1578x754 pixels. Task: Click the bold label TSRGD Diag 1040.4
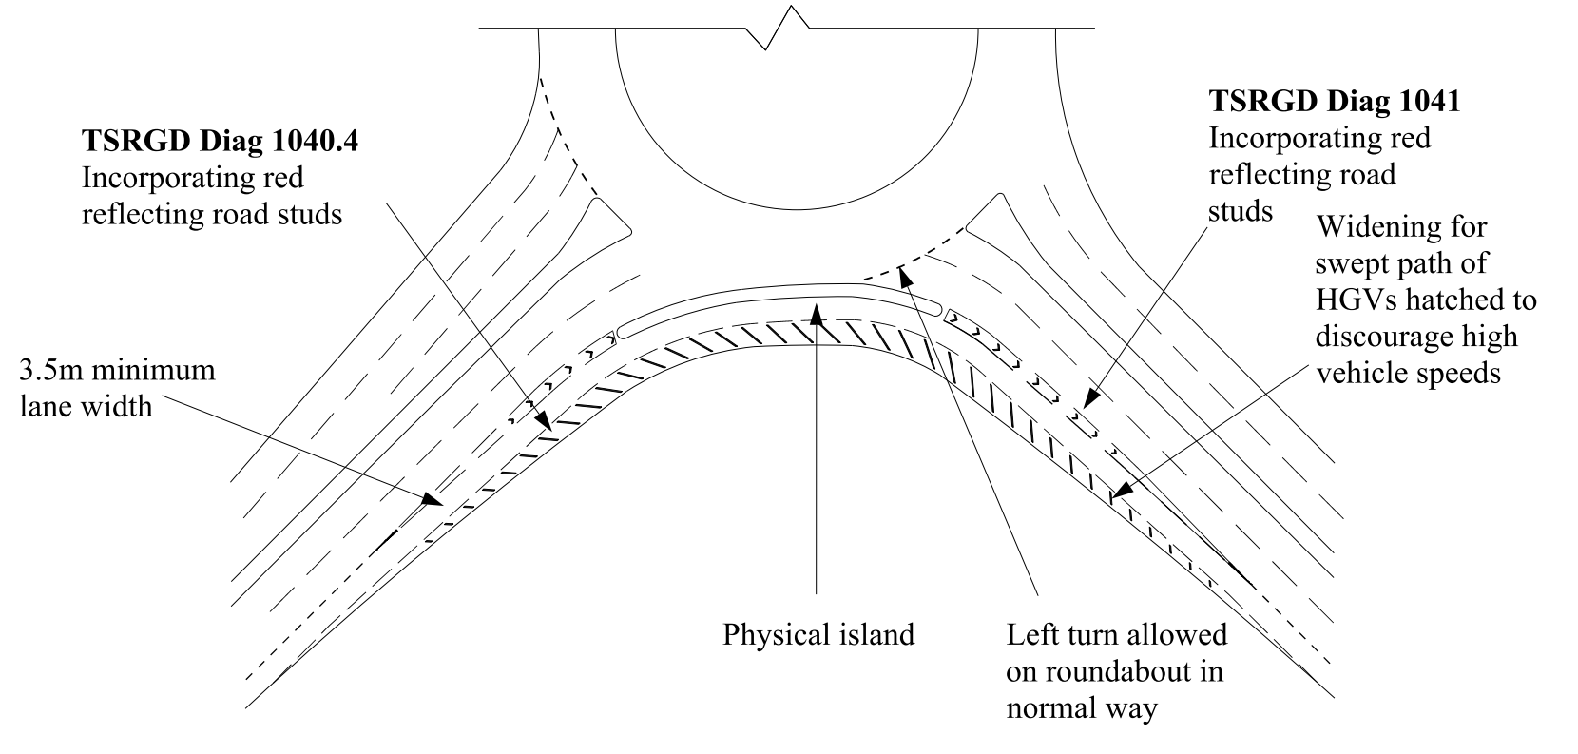[x=225, y=141]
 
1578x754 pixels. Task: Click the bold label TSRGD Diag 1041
[x=1334, y=101]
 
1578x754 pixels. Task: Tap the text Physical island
[x=818, y=634]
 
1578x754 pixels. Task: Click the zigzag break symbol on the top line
[x=786, y=27]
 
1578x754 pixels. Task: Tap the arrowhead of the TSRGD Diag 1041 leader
[x=1089, y=403]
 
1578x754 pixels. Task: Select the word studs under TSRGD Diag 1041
[x=1241, y=211]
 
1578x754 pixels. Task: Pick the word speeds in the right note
[x=1457, y=373]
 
